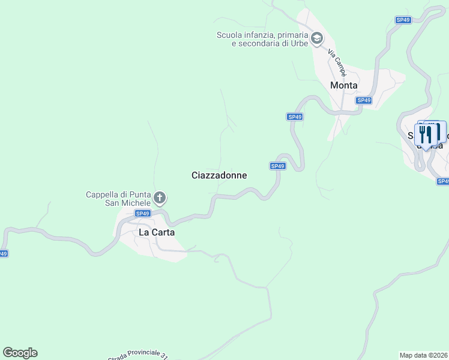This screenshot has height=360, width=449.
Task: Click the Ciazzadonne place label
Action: pos(219,175)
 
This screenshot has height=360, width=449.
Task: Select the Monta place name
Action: pos(344,85)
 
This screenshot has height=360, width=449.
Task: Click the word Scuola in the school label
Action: pos(229,35)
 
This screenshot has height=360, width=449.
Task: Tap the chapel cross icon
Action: pos(160,197)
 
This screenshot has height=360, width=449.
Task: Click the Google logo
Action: pos(20,353)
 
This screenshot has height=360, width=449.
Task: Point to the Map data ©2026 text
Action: pos(423,355)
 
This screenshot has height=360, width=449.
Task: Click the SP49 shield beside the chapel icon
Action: pos(142,213)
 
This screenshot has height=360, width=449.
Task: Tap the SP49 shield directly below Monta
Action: pos(364,100)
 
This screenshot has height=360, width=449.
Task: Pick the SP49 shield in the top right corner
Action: pos(403,20)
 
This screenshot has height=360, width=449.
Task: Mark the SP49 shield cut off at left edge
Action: pos(4,254)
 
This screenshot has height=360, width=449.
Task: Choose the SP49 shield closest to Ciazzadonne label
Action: pos(277,166)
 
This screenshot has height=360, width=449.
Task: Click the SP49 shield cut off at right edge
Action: pos(443,181)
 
